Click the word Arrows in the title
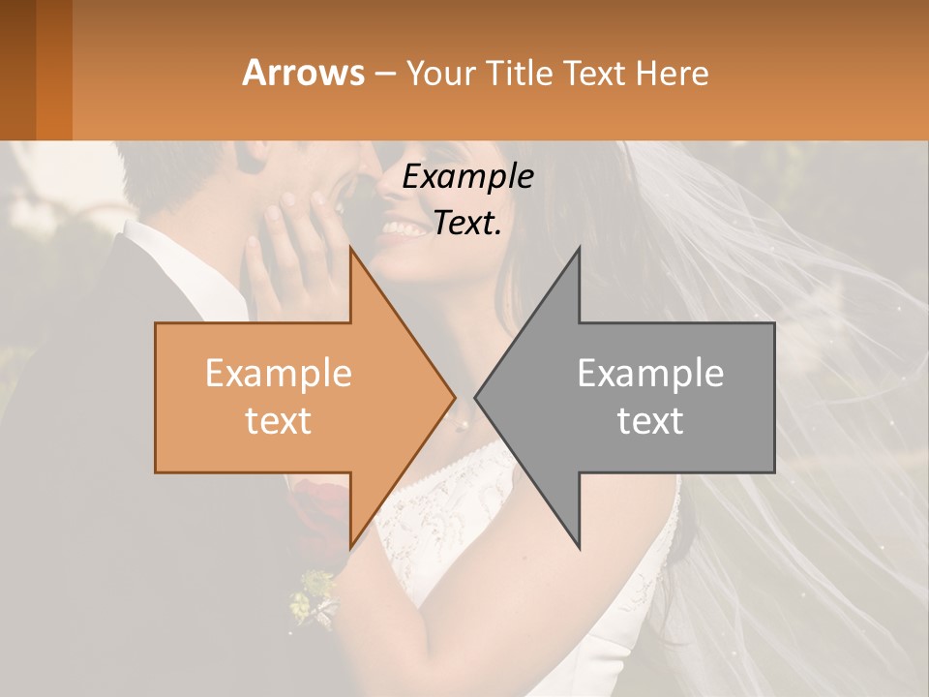(x=303, y=73)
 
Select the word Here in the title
(x=672, y=73)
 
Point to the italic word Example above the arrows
(x=468, y=177)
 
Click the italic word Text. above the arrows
(x=468, y=224)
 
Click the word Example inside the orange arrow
(x=279, y=374)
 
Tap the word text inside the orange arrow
(x=279, y=421)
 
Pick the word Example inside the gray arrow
(x=650, y=374)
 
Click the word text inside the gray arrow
(x=650, y=421)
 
